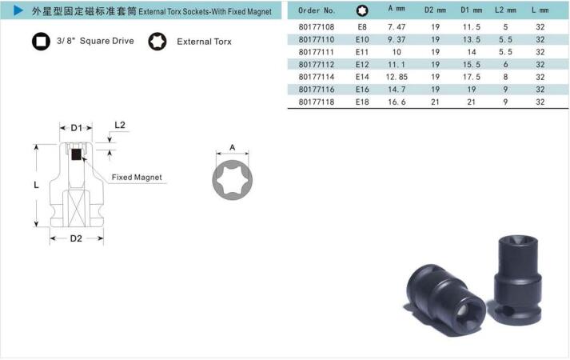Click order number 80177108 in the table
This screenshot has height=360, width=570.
(317, 27)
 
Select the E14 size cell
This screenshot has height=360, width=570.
(362, 77)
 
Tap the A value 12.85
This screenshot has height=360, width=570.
(397, 77)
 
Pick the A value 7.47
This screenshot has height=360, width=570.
(397, 27)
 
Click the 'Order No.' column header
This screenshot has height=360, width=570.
(317, 10)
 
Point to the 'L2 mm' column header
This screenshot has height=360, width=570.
(505, 10)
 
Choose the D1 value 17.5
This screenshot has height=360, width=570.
(472, 77)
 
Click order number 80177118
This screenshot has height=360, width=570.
(317, 102)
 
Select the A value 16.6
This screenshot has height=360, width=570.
(397, 102)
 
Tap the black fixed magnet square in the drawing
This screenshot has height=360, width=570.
(76, 154)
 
